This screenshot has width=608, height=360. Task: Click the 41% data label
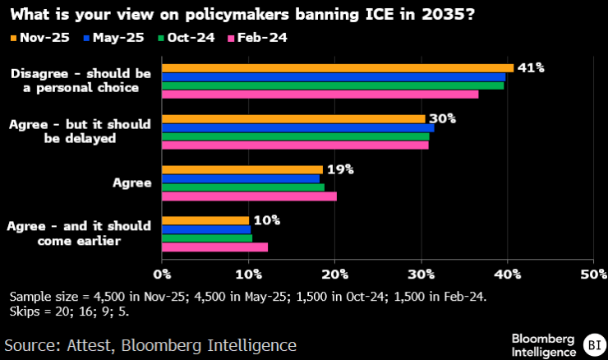[x=532, y=67]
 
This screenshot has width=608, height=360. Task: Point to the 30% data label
[x=442, y=118]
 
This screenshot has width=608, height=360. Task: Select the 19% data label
[x=339, y=169]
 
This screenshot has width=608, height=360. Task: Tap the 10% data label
[x=266, y=220]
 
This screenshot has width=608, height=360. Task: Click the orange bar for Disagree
[x=338, y=67]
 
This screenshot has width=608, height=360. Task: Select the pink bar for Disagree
[x=320, y=95]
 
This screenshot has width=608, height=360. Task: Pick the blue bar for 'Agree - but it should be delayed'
[x=297, y=127]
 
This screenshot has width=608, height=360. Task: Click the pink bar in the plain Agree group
[x=249, y=196]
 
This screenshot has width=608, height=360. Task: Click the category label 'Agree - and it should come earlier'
[x=79, y=233]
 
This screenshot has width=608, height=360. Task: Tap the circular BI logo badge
[x=592, y=344]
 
